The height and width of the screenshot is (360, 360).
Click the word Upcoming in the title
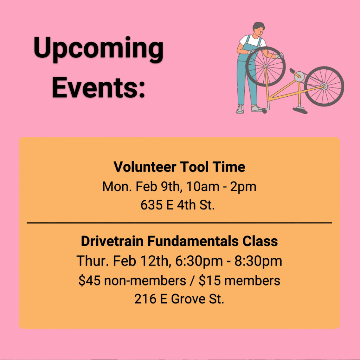click(98, 49)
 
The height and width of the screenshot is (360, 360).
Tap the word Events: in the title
click(99, 88)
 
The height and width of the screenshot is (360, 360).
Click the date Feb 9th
click(158, 186)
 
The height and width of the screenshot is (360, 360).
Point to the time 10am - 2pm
click(221, 186)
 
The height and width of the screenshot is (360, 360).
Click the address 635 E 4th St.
click(178, 205)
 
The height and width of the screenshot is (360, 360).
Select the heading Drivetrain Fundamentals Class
click(179, 241)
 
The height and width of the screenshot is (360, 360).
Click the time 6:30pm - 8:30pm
click(229, 261)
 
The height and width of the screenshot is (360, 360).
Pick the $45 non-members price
click(132, 280)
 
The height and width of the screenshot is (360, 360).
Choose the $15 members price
click(239, 280)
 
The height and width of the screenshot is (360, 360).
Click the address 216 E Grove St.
click(179, 299)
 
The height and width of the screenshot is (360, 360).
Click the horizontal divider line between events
click(179, 223)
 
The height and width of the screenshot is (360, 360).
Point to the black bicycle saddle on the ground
click(300, 111)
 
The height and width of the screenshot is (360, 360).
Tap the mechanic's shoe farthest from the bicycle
click(240, 109)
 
